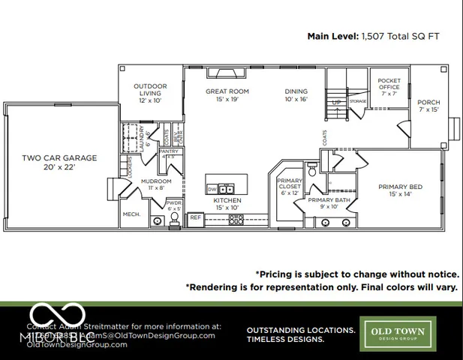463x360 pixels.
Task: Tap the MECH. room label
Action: (x=131, y=214)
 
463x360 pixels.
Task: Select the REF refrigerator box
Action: (x=195, y=218)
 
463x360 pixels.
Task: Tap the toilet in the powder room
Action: (x=174, y=218)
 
